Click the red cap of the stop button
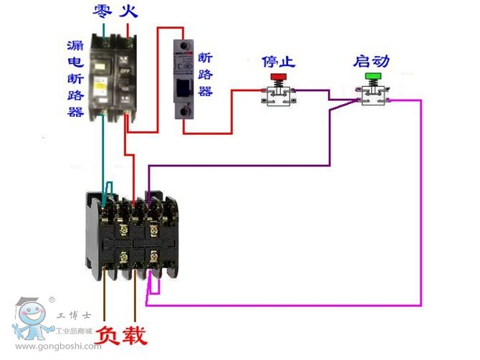click(x=278, y=76)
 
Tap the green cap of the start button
click(x=373, y=76)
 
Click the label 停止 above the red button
click(x=278, y=61)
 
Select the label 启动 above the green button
click(x=371, y=61)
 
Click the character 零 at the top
click(x=103, y=11)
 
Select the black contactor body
click(x=132, y=234)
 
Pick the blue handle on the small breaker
click(x=186, y=87)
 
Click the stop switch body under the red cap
click(x=278, y=96)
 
